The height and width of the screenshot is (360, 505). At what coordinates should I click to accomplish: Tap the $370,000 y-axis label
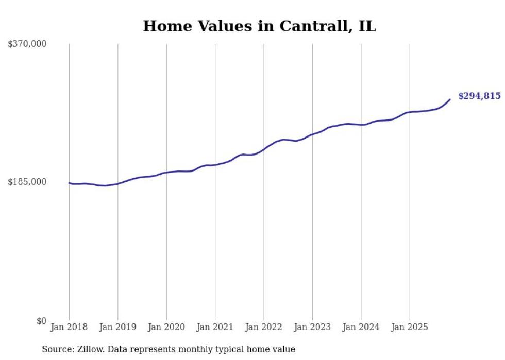pyautogui.click(x=27, y=44)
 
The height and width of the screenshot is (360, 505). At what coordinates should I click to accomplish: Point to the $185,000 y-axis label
pyautogui.click(x=27, y=182)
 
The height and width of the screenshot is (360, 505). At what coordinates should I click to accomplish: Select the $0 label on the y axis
pyautogui.click(x=41, y=321)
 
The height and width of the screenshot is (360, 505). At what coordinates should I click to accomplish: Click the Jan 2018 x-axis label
pyautogui.click(x=69, y=327)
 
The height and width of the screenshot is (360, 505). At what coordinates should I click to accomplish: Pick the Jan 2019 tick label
pyautogui.click(x=118, y=327)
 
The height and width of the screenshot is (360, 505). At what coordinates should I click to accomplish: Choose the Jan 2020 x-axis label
pyautogui.click(x=166, y=327)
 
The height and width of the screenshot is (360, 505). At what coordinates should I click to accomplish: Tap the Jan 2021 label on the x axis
pyautogui.click(x=215, y=327)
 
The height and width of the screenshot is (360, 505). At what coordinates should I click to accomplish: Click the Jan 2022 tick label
pyautogui.click(x=264, y=327)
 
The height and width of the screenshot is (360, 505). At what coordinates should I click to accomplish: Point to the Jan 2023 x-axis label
pyautogui.click(x=313, y=327)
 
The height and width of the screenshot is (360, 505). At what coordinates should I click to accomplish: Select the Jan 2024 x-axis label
pyautogui.click(x=361, y=327)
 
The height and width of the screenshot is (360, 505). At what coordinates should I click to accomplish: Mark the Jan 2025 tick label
pyautogui.click(x=410, y=327)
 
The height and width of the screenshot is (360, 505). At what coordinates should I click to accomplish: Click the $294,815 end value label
pyautogui.click(x=479, y=96)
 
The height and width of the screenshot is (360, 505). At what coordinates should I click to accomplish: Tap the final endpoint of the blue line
pyautogui.click(x=450, y=99)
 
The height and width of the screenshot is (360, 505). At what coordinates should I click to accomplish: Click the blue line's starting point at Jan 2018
pyautogui.click(x=70, y=183)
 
